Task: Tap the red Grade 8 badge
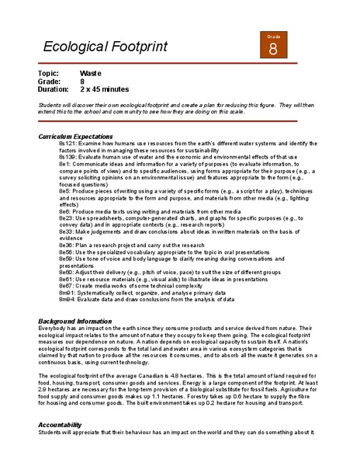tap(273, 47)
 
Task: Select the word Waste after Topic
tap(91, 73)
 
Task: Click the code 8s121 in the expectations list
tap(67, 144)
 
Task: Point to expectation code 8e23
tap(66, 218)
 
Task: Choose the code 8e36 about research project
tap(66, 245)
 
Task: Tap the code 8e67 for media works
tap(66, 285)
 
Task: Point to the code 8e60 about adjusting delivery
tap(66, 271)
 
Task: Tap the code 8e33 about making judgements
tap(66, 231)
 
